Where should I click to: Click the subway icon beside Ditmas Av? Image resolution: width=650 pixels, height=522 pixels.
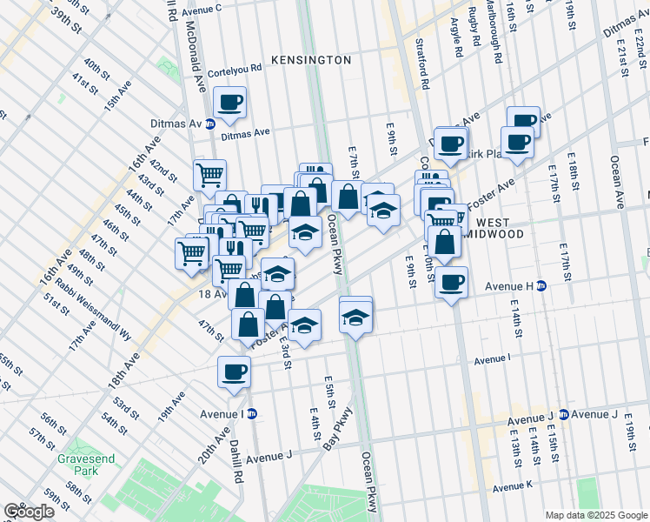209,124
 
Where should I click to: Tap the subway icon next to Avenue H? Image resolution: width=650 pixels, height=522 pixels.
541,285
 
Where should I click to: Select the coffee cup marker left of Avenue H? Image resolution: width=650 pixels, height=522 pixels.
452,284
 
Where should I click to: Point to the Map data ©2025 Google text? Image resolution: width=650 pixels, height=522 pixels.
595,515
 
